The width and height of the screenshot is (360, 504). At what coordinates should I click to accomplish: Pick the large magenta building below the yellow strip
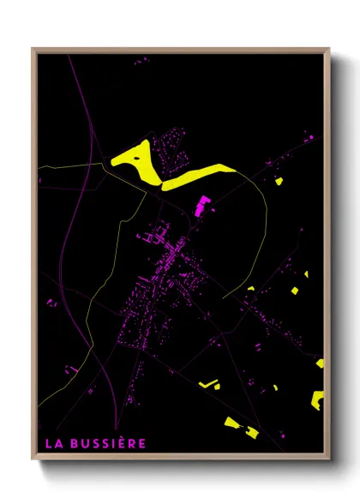(202, 205)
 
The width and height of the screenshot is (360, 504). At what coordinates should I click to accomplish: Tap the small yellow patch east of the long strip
(279, 181)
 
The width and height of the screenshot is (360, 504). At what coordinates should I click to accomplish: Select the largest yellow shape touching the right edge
(317, 399)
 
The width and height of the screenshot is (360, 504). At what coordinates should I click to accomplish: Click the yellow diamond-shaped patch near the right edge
(294, 291)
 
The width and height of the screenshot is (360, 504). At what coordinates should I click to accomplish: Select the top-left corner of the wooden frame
(33, 50)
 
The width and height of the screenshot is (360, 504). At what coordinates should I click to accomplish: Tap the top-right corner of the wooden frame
(328, 50)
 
